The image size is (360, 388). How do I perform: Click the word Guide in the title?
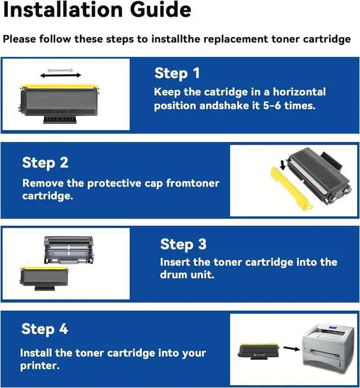tap(160, 10)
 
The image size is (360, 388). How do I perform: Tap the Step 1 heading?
tap(177, 74)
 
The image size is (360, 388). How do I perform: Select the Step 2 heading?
tap(45, 163)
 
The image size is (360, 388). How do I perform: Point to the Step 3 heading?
tap(183, 244)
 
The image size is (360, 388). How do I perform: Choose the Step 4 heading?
tap(44, 329)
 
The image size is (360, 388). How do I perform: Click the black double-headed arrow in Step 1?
tap(60, 75)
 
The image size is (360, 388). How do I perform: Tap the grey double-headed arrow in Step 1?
tap(60, 70)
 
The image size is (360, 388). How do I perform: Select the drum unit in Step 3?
tap(69, 250)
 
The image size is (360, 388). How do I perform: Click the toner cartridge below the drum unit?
tap(44, 279)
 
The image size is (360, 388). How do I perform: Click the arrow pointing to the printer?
tap(292, 349)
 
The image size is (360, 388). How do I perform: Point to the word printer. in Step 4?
tap(40, 366)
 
